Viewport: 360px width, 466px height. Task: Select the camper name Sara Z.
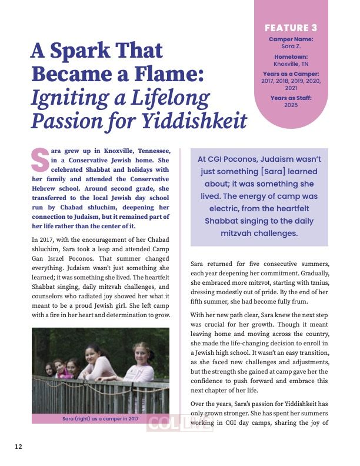pyautogui.click(x=291, y=45)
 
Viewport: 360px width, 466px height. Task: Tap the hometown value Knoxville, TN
pyautogui.click(x=291, y=64)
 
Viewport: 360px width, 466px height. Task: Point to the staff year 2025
pyautogui.click(x=291, y=105)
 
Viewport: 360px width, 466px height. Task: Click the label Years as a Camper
pyautogui.click(x=291, y=74)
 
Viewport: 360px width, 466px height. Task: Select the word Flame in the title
pyautogui.click(x=170, y=75)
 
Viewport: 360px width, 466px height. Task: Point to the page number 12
pyautogui.click(x=19, y=446)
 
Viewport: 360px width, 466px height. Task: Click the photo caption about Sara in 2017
pyautogui.click(x=101, y=419)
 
